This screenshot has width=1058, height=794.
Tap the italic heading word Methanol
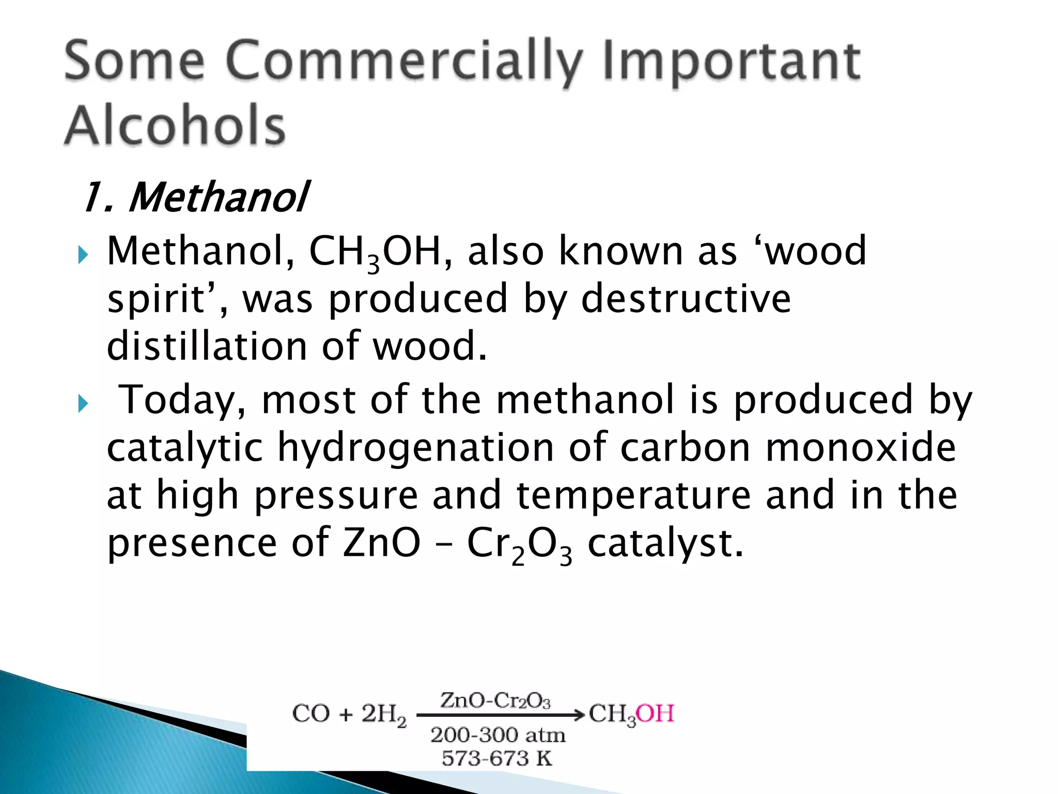pyautogui.click(x=219, y=197)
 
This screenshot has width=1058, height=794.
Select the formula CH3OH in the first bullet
pyautogui.click(x=375, y=252)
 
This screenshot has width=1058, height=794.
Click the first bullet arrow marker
pyautogui.click(x=83, y=254)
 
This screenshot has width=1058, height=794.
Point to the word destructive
pyautogui.click(x=686, y=299)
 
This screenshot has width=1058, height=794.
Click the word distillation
pyautogui.click(x=207, y=346)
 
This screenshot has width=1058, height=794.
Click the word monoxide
pyautogui.click(x=860, y=447)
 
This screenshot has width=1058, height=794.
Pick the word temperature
pyautogui.click(x=633, y=495)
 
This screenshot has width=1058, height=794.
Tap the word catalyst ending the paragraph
pyautogui.click(x=665, y=544)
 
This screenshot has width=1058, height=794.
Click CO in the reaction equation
pyautogui.click(x=311, y=714)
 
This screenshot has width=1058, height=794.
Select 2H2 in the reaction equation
pyautogui.click(x=383, y=715)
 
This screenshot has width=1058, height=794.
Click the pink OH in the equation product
pyautogui.click(x=655, y=714)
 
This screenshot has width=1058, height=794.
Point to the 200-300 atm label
pyautogui.click(x=497, y=735)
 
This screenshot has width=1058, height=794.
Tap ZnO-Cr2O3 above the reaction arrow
pyautogui.click(x=495, y=701)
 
